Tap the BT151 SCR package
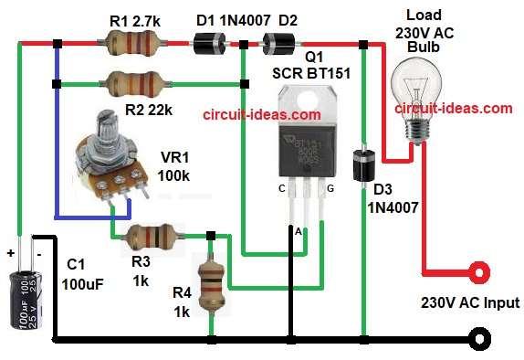[x=307, y=137]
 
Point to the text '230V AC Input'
[x=470, y=302]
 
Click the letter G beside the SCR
[x=330, y=187]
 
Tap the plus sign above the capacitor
[x=12, y=249]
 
